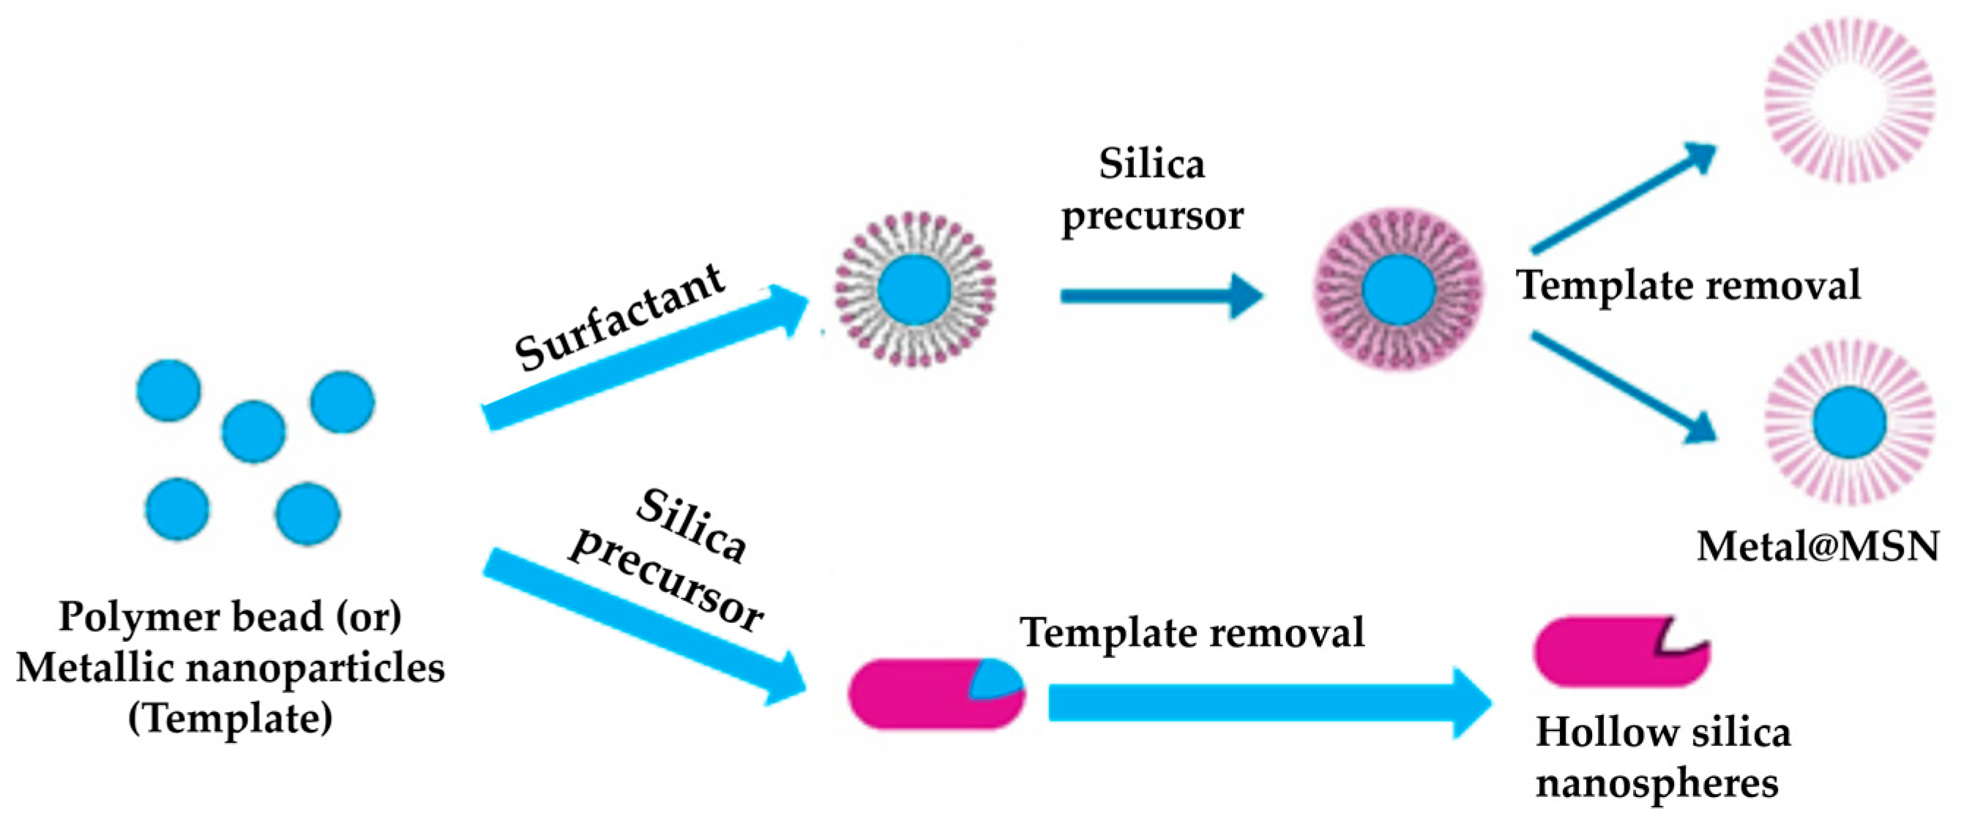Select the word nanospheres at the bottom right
[x=1656, y=783]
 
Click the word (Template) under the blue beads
[x=230, y=718]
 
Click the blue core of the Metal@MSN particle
[x=1849, y=423]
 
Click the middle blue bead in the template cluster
[x=253, y=433]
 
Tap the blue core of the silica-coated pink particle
[x=1398, y=290]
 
